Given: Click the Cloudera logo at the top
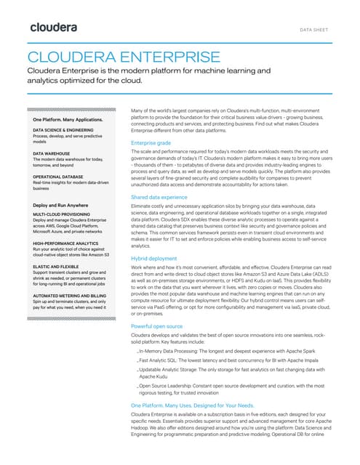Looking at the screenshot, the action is pyautogui.click(x=54, y=28).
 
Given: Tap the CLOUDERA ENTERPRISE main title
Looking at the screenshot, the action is pyautogui.click(x=123, y=57).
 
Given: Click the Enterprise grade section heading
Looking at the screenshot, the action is pyautogui.click(x=151, y=143).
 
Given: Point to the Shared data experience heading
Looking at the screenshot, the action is pyautogui.click(x=159, y=198).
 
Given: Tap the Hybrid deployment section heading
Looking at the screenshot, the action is pyautogui.click(x=154, y=258).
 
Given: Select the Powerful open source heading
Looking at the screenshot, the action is pyautogui.click(x=157, y=328).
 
